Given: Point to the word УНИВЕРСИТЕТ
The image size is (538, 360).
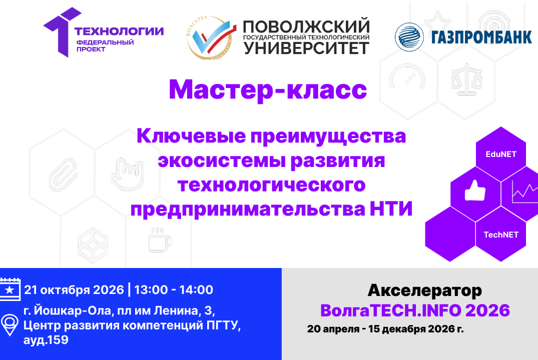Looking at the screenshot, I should tap(306, 48).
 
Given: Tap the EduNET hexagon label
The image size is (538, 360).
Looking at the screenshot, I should tap(500, 154).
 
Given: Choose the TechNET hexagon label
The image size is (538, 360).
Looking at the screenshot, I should tap(501, 234).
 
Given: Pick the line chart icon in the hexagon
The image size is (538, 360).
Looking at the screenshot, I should tap(524, 192).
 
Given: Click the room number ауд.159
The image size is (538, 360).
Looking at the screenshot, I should tap(46, 340).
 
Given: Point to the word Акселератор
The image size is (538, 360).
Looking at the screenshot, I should tap(425, 290).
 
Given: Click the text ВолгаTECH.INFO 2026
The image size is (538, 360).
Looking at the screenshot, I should tap(415, 310).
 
